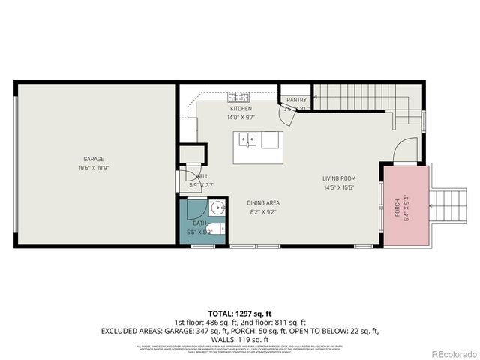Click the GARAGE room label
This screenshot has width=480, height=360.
click(x=94, y=159)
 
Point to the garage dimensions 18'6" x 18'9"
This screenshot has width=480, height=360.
click(x=94, y=169)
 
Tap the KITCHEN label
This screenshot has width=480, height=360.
click(x=241, y=109)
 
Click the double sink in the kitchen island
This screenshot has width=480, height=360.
click(x=248, y=139)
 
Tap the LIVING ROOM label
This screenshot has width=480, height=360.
click(x=338, y=178)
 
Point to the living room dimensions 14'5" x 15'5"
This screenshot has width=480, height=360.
click(x=338, y=187)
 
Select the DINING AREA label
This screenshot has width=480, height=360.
click(x=263, y=203)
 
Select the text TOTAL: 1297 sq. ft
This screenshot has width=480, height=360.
click(x=240, y=312)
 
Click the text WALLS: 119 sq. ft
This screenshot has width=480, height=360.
click(x=240, y=339)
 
